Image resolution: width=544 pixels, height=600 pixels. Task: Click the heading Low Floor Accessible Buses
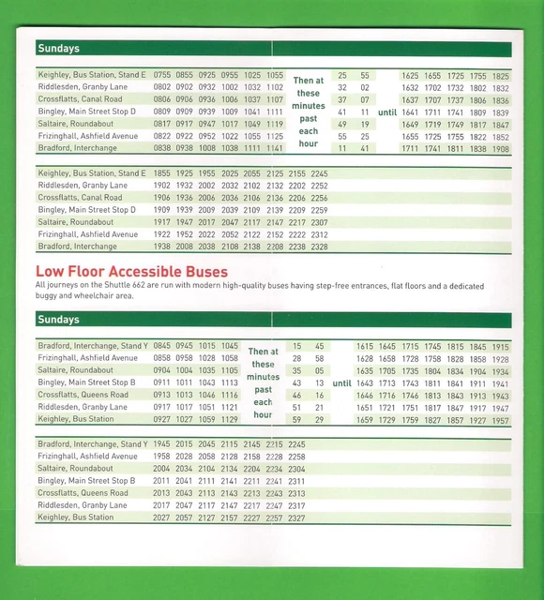click(132, 271)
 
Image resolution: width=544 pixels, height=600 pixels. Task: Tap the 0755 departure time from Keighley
click(162, 75)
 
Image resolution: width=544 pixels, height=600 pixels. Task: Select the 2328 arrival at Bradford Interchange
click(320, 247)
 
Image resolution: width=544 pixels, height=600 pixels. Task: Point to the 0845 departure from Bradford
click(162, 346)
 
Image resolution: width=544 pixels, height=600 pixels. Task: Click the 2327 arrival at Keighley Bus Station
click(296, 517)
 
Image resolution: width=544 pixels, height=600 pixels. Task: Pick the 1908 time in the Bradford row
click(501, 148)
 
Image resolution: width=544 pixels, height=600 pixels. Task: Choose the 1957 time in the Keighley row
click(501, 420)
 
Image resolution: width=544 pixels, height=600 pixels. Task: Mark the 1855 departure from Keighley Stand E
click(162, 173)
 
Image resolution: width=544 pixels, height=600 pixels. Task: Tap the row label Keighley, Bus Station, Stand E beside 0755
click(91, 75)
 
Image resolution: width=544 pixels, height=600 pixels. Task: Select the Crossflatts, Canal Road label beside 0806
click(80, 99)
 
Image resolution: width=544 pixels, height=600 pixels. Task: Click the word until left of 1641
click(387, 112)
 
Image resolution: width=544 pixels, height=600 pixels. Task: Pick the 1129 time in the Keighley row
click(230, 420)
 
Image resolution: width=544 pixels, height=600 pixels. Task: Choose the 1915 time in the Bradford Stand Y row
click(501, 346)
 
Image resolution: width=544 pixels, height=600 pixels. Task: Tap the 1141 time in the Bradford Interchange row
click(274, 148)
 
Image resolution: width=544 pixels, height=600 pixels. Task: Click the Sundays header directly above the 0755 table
click(58, 48)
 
